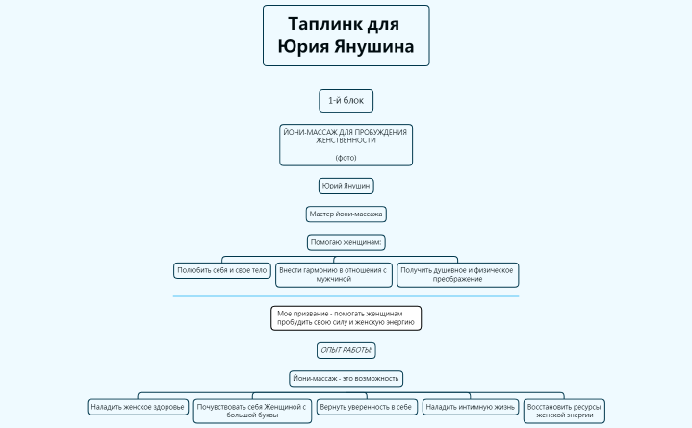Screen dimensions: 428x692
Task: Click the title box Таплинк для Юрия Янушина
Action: (x=346, y=36)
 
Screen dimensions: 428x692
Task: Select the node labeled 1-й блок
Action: (x=346, y=100)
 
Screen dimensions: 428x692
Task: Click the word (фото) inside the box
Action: (x=346, y=157)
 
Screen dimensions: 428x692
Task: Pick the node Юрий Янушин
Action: (x=346, y=186)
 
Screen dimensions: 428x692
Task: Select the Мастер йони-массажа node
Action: (x=346, y=214)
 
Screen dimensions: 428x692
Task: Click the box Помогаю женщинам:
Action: (x=346, y=241)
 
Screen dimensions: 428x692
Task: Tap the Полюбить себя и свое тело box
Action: (x=221, y=270)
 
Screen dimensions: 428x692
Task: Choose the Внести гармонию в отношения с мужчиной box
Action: (x=333, y=274)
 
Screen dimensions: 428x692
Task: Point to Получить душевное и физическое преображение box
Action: (x=457, y=274)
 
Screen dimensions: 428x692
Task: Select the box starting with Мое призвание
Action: (x=346, y=318)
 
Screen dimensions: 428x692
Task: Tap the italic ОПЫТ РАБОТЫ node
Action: (x=346, y=350)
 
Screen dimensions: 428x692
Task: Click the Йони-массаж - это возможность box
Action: (x=346, y=378)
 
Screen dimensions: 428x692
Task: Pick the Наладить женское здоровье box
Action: (x=138, y=407)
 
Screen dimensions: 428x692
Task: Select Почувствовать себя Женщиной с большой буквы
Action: (x=252, y=411)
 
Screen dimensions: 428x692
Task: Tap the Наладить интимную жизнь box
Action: (x=470, y=407)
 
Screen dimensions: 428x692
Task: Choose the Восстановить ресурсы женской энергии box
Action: (x=564, y=411)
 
